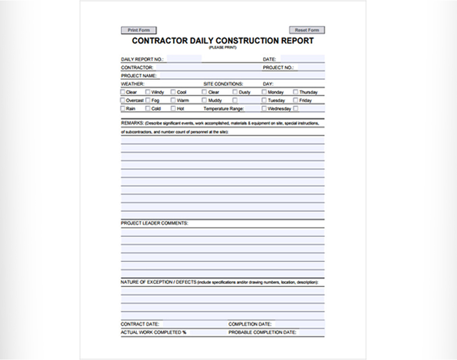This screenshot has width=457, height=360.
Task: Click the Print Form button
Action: (139, 30)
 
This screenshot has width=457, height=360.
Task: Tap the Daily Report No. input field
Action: (184, 59)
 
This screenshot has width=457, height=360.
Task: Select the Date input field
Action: (302, 59)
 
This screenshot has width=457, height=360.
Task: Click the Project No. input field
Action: (311, 67)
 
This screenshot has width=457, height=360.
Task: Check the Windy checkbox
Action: (148, 92)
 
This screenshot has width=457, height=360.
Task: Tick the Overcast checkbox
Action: (123, 100)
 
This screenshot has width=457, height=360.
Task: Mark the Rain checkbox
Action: (123, 108)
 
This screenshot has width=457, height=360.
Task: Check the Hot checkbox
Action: (173, 108)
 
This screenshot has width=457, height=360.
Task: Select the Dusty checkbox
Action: (235, 92)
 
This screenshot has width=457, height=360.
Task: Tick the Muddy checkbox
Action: (204, 100)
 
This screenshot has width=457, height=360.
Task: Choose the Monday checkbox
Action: (264, 92)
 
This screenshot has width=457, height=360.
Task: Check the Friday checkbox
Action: (295, 100)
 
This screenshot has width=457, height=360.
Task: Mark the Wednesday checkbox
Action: (264, 108)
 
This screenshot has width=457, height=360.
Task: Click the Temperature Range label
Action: (223, 109)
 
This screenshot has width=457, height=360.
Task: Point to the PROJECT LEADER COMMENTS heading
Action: (154, 223)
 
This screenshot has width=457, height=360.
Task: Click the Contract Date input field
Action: (193, 324)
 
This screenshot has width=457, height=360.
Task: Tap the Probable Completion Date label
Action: (262, 332)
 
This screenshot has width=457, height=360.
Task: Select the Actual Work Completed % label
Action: (153, 332)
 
